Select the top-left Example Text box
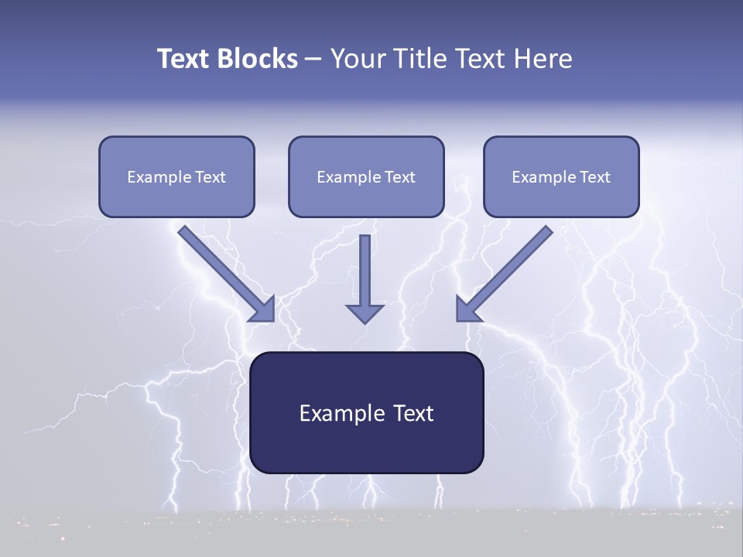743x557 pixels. (x=176, y=176)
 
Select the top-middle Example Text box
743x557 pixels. (x=366, y=176)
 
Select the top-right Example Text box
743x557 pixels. (x=561, y=176)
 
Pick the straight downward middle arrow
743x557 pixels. (x=365, y=271)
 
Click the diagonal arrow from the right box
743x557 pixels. (x=511, y=268)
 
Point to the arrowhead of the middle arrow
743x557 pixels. (x=365, y=313)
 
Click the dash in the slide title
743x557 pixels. (x=313, y=60)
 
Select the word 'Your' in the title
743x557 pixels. (x=354, y=59)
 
